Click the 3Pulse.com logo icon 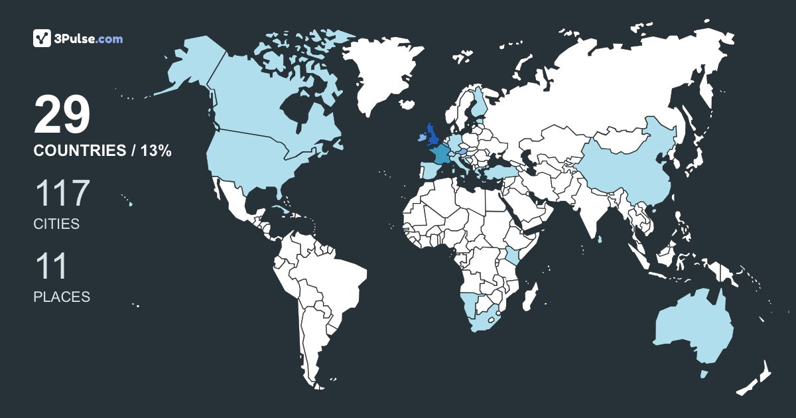coord(42,38)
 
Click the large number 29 coord(62,115)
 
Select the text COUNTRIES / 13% coord(103,151)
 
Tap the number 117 coord(62,193)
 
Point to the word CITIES coord(56,224)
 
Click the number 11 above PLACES coord(51,266)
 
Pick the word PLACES coord(62,297)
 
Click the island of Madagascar coord(529,296)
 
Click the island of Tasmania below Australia coord(704,374)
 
